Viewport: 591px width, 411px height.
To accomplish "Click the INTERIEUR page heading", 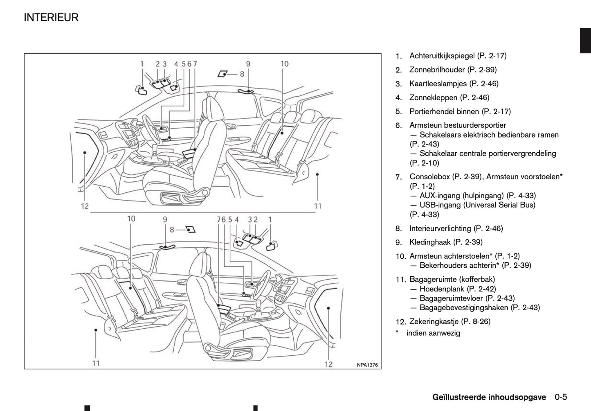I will point(51,18).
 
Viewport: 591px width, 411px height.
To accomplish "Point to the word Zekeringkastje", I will point(434,322).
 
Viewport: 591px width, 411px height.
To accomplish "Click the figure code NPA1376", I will point(367,365).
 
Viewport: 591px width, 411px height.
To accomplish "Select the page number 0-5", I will point(561,397).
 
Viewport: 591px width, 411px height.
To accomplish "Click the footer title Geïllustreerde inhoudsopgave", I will point(489,397).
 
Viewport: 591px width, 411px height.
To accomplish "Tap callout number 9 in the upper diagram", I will point(248,64).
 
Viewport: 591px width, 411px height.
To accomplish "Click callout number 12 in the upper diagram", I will point(85,206).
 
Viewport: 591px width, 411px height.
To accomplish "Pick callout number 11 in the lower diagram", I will point(96,363).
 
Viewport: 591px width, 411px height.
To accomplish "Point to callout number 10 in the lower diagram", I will point(131,219).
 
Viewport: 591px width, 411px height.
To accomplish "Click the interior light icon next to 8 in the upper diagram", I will point(222,74).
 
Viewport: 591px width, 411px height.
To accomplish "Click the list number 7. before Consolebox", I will point(399,177).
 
